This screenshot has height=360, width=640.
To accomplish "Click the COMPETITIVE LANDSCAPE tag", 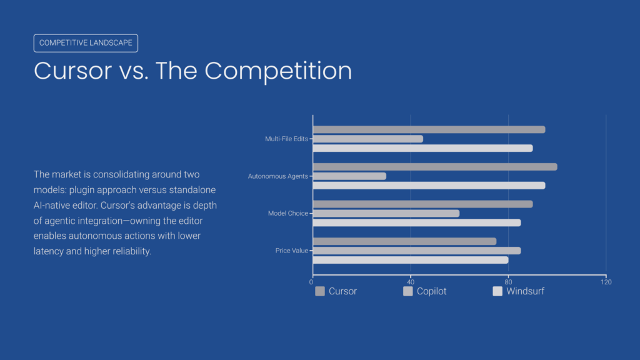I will click(86, 43).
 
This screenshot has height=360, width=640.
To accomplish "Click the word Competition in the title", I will click(278, 71).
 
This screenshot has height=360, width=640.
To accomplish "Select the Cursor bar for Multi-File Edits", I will click(429, 129).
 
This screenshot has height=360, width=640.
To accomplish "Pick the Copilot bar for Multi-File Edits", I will click(368, 139).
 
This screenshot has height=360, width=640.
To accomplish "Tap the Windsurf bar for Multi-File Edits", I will click(422, 148).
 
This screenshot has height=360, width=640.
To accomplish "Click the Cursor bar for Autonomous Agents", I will click(435, 167).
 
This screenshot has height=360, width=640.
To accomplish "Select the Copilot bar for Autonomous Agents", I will click(349, 176).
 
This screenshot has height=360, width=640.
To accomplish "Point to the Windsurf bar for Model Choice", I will click(417, 222).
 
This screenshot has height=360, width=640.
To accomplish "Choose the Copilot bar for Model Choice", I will click(386, 213).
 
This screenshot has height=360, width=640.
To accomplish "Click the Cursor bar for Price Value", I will click(404, 241).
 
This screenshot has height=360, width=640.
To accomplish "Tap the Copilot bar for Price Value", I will click(417, 251).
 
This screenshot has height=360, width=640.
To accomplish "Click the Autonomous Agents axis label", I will click(277, 176).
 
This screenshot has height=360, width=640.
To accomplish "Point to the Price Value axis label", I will click(291, 251).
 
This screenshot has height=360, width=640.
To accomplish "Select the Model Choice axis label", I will click(287, 213).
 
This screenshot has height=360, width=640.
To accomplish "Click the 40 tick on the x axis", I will click(411, 282).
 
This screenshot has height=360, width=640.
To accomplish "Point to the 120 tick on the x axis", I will click(606, 282).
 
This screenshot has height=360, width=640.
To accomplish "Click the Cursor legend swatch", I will click(320, 291).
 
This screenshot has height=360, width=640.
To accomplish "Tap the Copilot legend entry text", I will click(431, 291).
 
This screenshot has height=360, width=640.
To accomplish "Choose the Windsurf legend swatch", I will click(497, 291).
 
